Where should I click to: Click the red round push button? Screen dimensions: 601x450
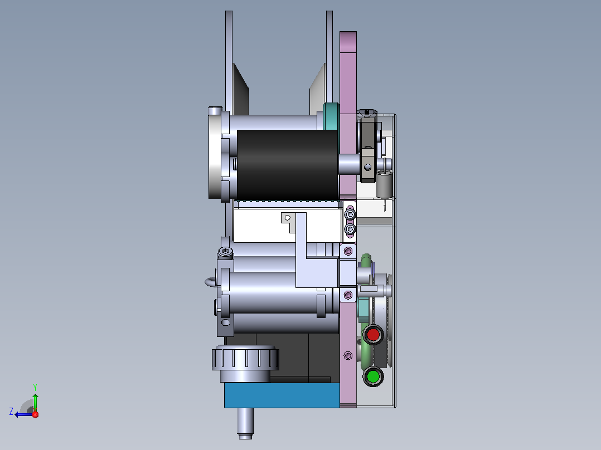pyautogui.click(x=373, y=335)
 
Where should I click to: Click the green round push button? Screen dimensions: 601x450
pyautogui.click(x=373, y=376)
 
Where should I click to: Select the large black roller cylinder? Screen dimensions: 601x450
pyautogui.click(x=288, y=165)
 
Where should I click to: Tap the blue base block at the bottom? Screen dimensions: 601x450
pyautogui.click(x=282, y=395)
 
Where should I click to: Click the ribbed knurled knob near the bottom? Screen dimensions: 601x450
pyautogui.click(x=245, y=358)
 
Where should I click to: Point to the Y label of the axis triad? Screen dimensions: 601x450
pyautogui.click(x=35, y=387)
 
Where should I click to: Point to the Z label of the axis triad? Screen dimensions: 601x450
pyautogui.click(x=11, y=412)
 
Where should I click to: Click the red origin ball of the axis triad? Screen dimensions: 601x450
pyautogui.click(x=35, y=414)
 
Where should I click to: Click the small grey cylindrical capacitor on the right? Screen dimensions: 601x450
pyautogui.click(x=384, y=184)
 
